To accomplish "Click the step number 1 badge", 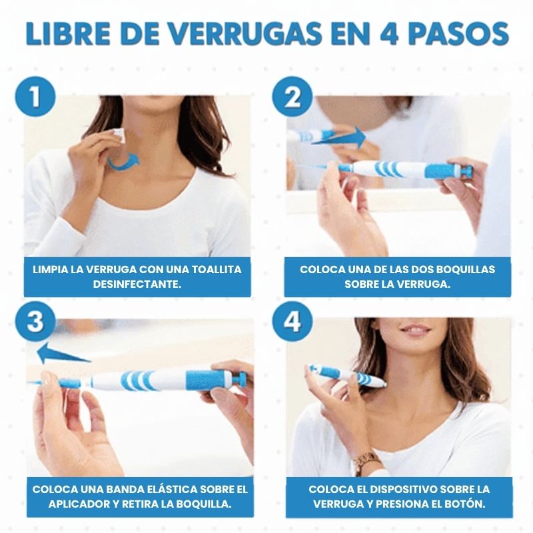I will coord(34,98).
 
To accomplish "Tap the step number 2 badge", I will coord(291,98).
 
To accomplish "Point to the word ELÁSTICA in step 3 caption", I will coord(161,489).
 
